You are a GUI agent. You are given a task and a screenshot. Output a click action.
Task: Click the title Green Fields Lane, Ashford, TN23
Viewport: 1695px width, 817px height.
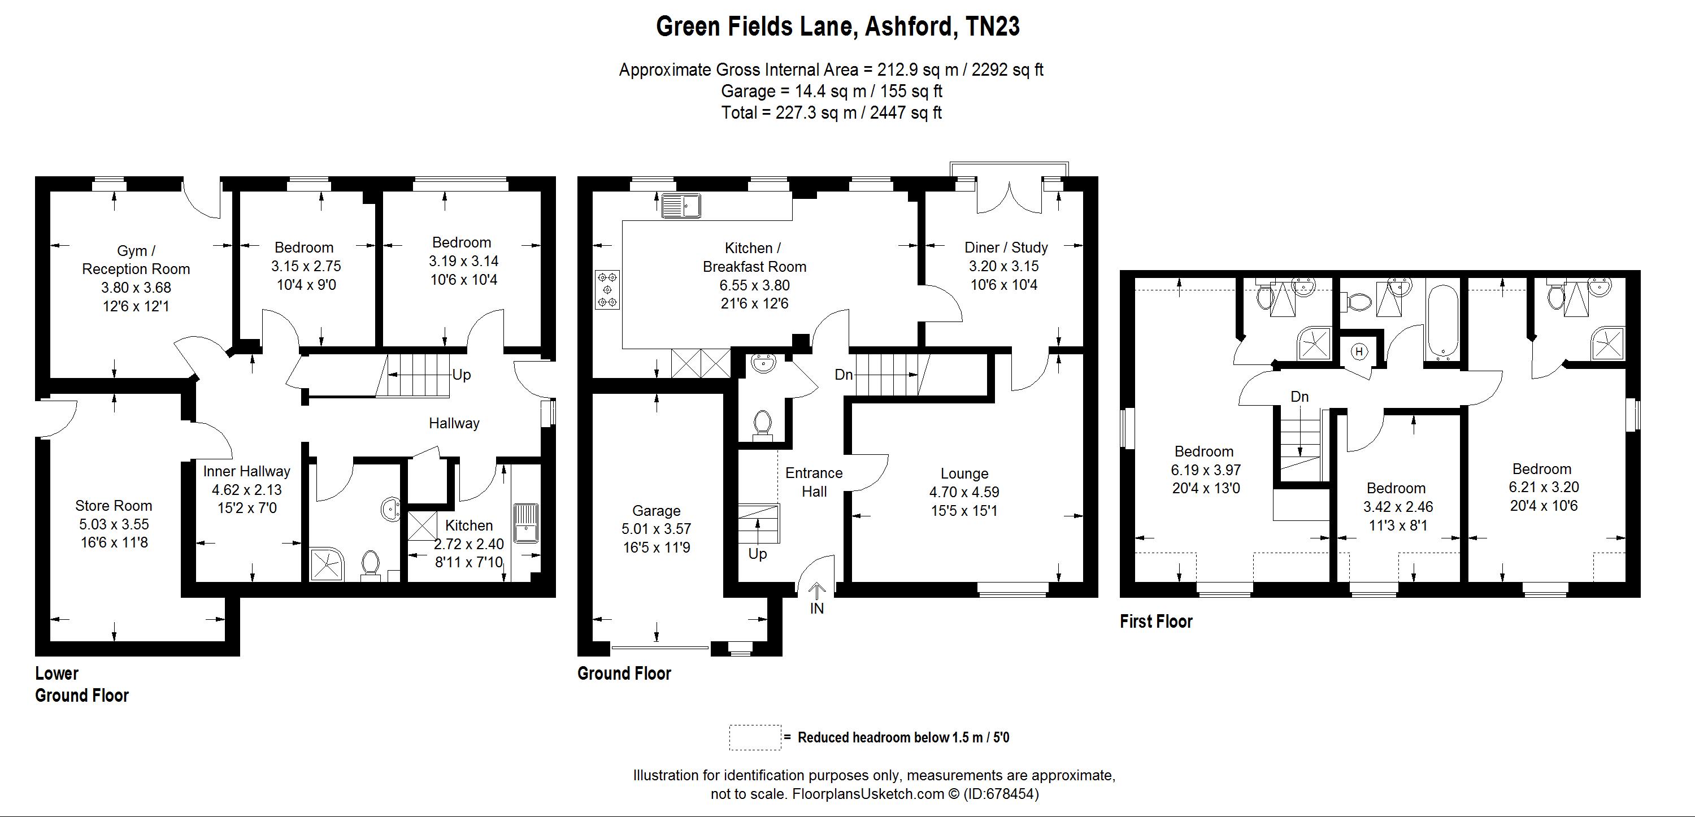[x=838, y=27]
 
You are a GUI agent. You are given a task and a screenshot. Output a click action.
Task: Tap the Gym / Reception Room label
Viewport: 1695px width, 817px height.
[x=136, y=260]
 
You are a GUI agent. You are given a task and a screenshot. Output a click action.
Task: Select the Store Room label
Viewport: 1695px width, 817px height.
[x=113, y=506]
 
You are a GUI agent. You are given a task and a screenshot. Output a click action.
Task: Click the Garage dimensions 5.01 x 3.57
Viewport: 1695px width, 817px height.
[x=656, y=529]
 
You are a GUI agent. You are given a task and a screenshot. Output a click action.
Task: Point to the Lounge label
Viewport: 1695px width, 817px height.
[x=964, y=473]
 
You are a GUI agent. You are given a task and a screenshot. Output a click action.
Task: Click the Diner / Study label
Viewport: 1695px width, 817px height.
[x=1006, y=248]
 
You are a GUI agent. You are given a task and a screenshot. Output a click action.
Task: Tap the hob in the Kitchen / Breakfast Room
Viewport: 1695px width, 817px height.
[x=607, y=289]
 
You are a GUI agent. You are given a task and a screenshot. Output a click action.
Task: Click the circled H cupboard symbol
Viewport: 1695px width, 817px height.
[x=1359, y=352]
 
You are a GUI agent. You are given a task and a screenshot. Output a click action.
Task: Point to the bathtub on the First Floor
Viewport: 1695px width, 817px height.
[x=1442, y=322]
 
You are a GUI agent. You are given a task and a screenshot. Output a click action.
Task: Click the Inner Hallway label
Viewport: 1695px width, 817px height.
[x=246, y=472]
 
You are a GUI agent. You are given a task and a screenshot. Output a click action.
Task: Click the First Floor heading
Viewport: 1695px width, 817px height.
[x=1155, y=622]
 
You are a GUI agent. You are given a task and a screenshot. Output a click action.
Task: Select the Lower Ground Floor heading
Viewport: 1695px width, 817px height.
[x=81, y=684]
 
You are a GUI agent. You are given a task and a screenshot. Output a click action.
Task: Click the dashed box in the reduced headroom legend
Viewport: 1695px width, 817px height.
[x=755, y=737]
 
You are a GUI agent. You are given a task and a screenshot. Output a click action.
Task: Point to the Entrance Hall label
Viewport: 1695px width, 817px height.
[x=814, y=482]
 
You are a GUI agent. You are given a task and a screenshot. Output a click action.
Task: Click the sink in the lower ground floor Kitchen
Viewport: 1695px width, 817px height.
[x=526, y=523]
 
